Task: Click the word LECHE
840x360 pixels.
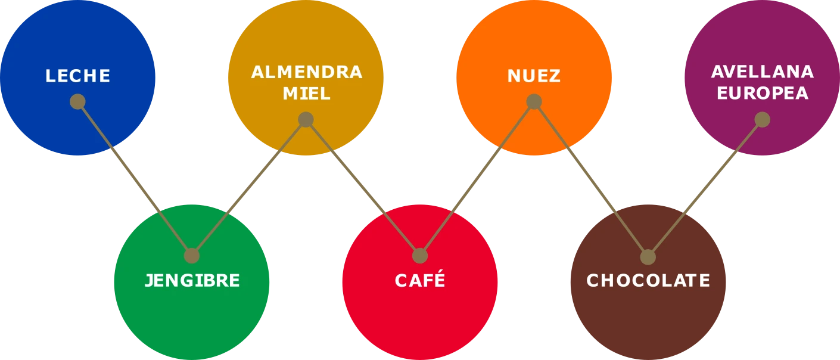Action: (x=78, y=76)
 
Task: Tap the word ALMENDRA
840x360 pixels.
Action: (x=306, y=72)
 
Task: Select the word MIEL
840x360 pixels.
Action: (x=306, y=94)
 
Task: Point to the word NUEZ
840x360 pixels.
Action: (x=534, y=76)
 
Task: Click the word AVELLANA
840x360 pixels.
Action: (x=762, y=72)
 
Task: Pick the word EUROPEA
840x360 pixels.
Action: (x=762, y=94)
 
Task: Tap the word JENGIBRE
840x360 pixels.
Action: (x=192, y=281)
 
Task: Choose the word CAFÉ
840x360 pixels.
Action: (x=420, y=281)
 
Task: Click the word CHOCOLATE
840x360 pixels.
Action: (x=648, y=281)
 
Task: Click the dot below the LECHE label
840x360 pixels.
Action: (x=77, y=101)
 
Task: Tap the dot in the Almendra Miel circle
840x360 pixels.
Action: (x=306, y=120)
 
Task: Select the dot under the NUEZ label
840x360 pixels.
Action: (x=534, y=101)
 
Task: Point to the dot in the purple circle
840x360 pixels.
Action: (x=762, y=120)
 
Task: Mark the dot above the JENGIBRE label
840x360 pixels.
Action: (x=191, y=256)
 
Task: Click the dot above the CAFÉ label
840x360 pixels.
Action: (x=420, y=256)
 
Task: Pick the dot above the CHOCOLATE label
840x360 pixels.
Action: (x=648, y=257)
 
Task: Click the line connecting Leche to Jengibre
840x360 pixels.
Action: (x=134, y=178)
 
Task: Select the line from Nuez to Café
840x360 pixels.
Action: (x=477, y=179)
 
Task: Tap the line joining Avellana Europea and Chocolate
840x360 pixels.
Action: (x=705, y=188)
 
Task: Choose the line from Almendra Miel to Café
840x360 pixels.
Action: (x=363, y=188)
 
